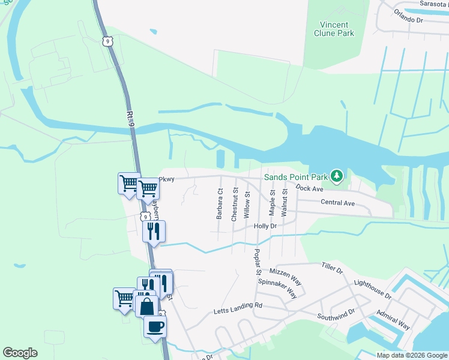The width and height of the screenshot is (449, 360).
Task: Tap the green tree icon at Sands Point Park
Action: pos(337,176)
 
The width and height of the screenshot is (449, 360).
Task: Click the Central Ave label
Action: pos(337,203)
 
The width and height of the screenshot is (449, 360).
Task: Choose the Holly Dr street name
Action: pos(265,226)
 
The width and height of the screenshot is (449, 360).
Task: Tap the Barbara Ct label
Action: pos(220,205)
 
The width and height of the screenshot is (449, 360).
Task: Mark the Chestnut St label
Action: pos(234,205)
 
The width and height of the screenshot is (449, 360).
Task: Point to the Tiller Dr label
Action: pos(331,268)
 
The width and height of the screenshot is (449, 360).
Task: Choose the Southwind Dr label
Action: pos(336,314)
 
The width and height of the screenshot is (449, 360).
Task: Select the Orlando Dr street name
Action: pos(409,15)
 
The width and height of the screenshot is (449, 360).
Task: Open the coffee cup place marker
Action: pos(155,326)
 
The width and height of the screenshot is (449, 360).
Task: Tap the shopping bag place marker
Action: pos(146,306)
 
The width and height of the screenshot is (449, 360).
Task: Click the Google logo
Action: pos(20,353)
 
